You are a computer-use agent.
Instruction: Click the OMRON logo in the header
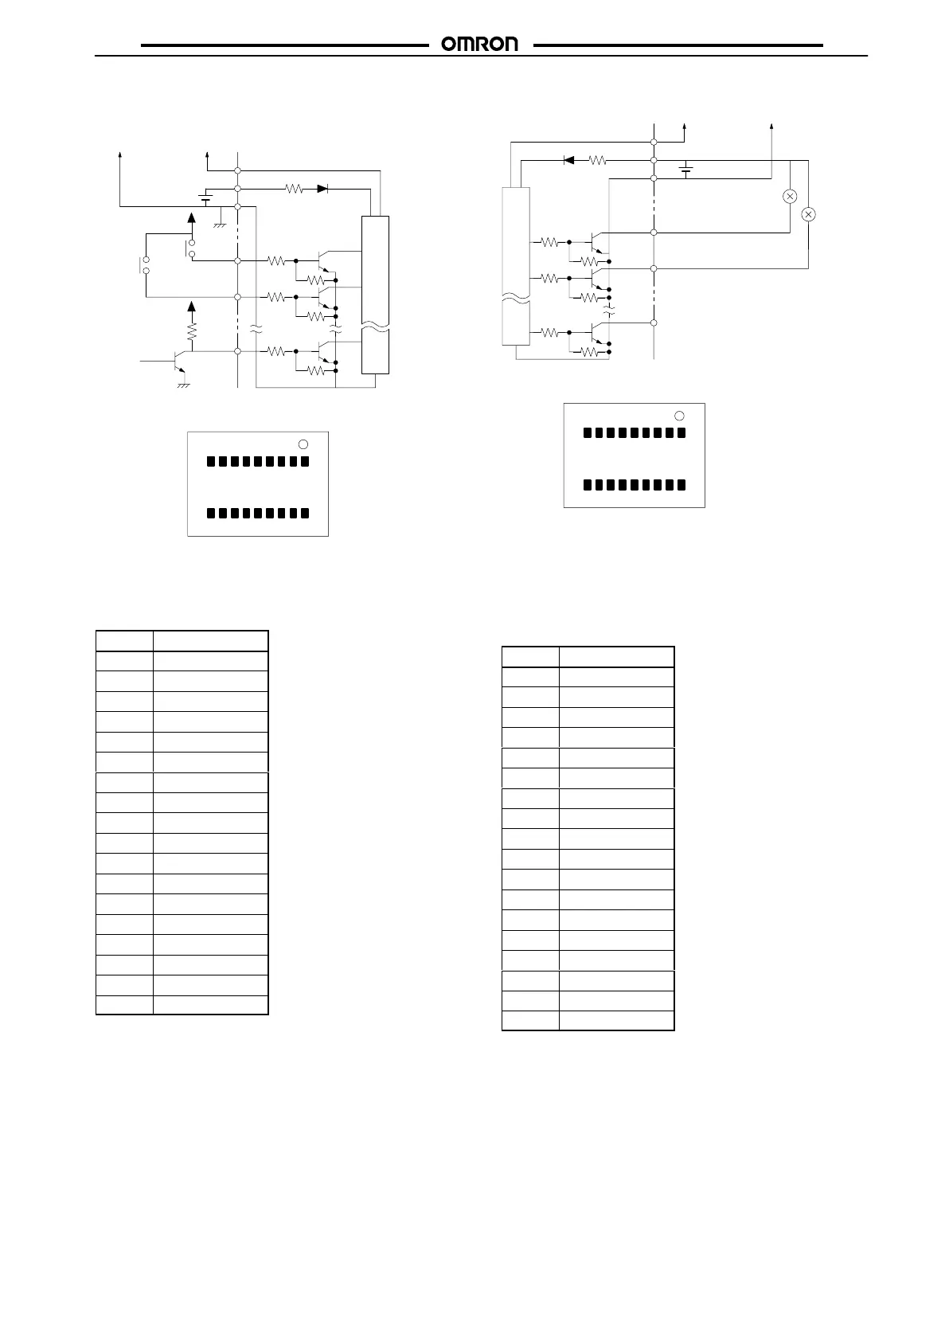479,45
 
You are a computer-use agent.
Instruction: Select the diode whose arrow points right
323,189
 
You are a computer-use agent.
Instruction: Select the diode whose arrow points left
569,160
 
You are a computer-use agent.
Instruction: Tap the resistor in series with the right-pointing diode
295,189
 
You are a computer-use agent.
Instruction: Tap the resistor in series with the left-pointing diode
597,160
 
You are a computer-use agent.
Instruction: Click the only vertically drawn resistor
191,330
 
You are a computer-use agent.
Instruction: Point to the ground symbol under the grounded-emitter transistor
183,385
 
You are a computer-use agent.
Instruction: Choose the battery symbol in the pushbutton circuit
205,197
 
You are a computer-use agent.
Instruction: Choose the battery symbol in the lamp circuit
685,170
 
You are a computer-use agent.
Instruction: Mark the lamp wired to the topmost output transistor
790,197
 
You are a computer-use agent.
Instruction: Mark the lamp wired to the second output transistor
808,214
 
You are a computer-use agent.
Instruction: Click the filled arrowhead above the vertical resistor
191,307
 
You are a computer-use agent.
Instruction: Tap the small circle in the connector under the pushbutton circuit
303,444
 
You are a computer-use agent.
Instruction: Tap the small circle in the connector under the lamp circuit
679,416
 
